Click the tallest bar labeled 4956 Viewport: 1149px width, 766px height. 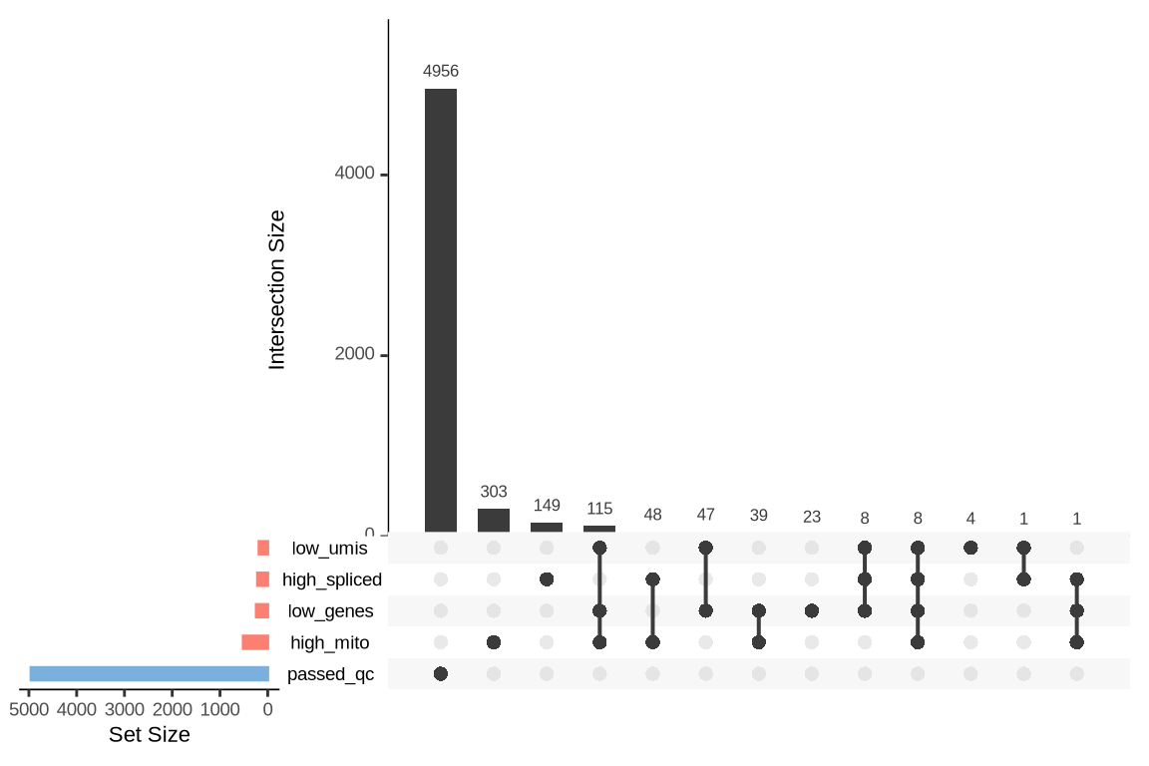pyautogui.click(x=441, y=310)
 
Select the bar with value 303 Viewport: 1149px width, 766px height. pyautogui.click(x=494, y=521)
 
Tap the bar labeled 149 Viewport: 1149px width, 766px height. pyautogui.click(x=547, y=528)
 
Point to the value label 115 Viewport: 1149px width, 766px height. pyautogui.click(x=599, y=509)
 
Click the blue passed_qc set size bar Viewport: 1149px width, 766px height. pyautogui.click(x=150, y=674)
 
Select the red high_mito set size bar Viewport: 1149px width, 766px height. pyautogui.click(x=255, y=642)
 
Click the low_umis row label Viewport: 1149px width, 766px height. pyautogui.click(x=329, y=548)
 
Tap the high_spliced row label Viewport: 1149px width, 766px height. pyautogui.click(x=332, y=579)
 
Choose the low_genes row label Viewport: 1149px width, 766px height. pyautogui.click(x=330, y=611)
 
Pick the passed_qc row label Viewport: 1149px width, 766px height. pyautogui.click(x=330, y=674)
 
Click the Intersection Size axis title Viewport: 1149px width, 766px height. pyautogui.click(x=277, y=289)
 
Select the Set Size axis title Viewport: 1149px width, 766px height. pyautogui.click(x=149, y=735)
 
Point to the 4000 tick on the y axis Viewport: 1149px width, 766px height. pyautogui.click(x=354, y=174)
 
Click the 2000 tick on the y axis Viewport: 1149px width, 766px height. pyautogui.click(x=354, y=354)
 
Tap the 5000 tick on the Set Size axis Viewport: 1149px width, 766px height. pyautogui.click(x=29, y=710)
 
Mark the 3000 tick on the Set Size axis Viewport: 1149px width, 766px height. pyautogui.click(x=125, y=710)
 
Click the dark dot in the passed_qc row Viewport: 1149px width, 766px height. pyautogui.click(x=441, y=674)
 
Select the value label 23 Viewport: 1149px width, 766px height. pyautogui.click(x=812, y=517)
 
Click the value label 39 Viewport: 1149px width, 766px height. pyautogui.click(x=759, y=515)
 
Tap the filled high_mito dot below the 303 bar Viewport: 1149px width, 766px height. pyautogui.click(x=494, y=642)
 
